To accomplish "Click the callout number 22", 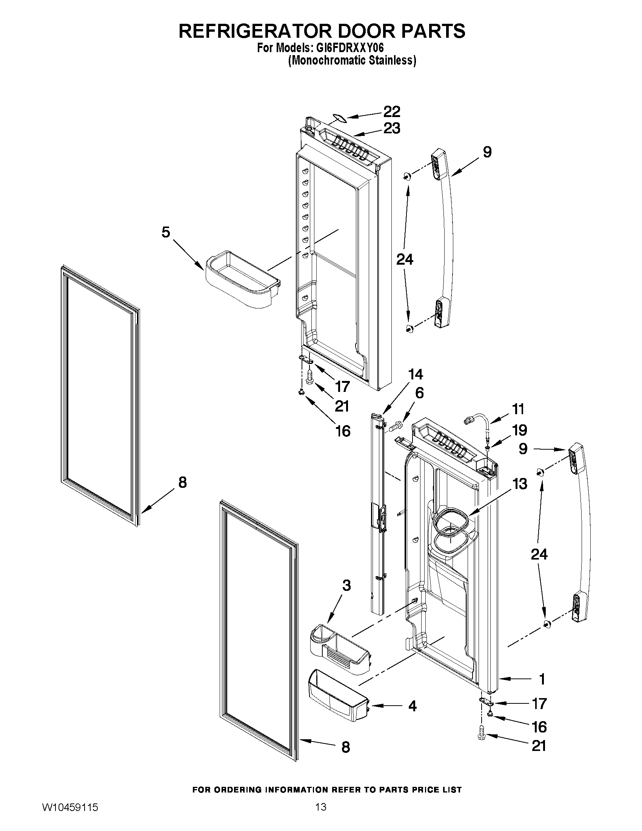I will pyautogui.click(x=391, y=111).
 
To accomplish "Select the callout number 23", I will pyautogui.click(x=391, y=128).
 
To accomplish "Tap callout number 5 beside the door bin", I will pyautogui.click(x=165, y=232).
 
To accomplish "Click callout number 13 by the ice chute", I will pyautogui.click(x=520, y=484).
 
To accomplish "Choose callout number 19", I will pyautogui.click(x=520, y=430).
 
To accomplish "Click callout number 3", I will pyautogui.click(x=346, y=585).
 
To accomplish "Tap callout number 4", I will pyautogui.click(x=412, y=706).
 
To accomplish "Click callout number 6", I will pyautogui.click(x=419, y=393).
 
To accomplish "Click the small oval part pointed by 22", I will pyautogui.click(x=339, y=118).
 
